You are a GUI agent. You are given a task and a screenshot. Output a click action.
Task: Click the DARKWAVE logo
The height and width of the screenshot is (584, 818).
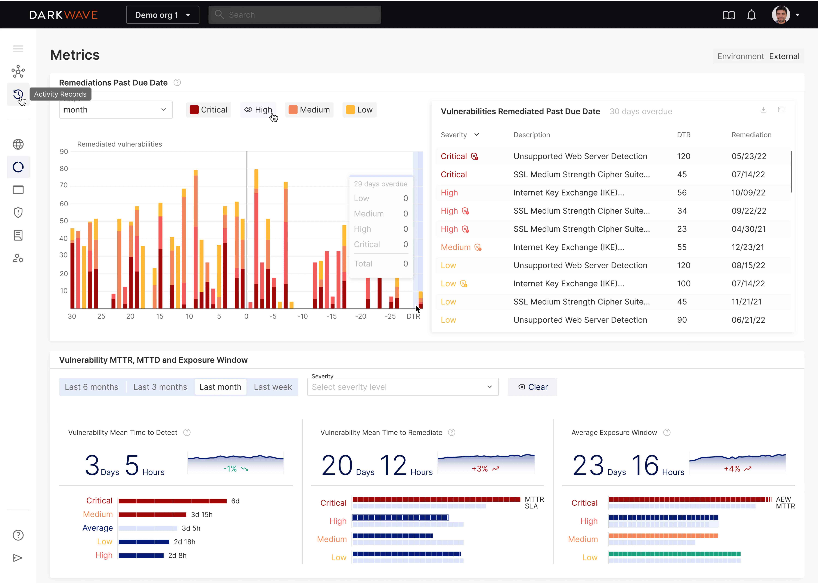(x=63, y=15)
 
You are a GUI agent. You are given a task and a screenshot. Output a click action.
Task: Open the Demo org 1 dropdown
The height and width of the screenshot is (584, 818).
(x=162, y=15)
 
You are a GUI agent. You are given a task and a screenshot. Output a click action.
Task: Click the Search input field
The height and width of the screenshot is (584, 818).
(x=295, y=15)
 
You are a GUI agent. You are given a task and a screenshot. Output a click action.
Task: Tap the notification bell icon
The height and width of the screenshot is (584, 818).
(x=751, y=15)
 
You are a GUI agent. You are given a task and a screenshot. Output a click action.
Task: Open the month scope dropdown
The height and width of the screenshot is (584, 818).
(x=115, y=110)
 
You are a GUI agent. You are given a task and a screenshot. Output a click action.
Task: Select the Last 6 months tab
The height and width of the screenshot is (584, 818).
(x=91, y=387)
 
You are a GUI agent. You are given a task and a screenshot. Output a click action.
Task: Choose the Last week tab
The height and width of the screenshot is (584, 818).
(x=273, y=387)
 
